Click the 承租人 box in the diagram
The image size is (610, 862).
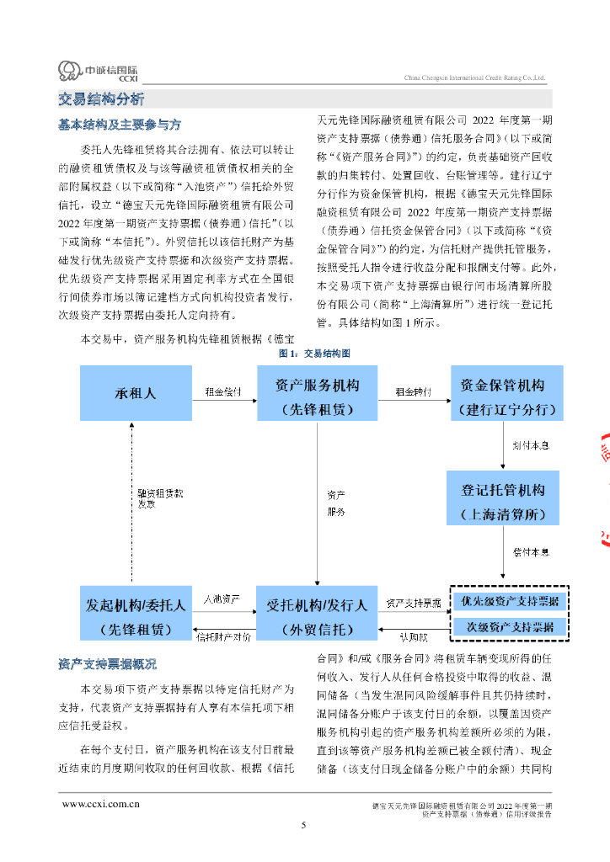pos(135,393)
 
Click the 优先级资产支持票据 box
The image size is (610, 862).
pos(509,602)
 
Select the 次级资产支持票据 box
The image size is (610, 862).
pos(509,627)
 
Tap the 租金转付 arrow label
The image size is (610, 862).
pos(413,391)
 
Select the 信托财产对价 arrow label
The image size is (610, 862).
pos(223,637)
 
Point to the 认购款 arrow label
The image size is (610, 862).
pos(413,637)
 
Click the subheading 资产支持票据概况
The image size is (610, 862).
pos(107,664)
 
